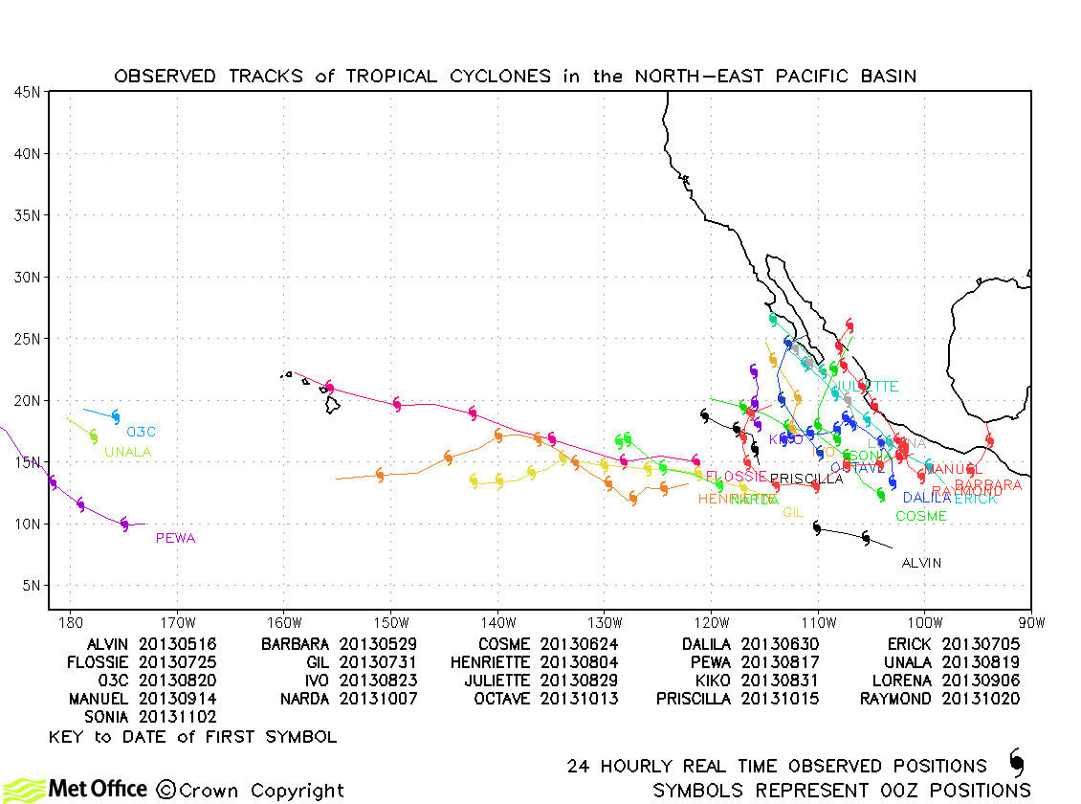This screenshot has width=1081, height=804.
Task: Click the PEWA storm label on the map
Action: pyautogui.click(x=175, y=539)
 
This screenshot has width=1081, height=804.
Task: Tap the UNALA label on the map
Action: pyautogui.click(x=127, y=453)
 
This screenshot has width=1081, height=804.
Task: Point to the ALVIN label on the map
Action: pyautogui.click(x=921, y=563)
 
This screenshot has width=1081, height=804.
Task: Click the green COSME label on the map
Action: pyautogui.click(x=921, y=517)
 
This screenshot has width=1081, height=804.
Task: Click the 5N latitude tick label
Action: pyautogui.click(x=31, y=586)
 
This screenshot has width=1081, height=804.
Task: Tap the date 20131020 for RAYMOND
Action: pyautogui.click(x=982, y=699)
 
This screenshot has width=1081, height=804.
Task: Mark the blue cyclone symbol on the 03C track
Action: pyautogui.click(x=116, y=417)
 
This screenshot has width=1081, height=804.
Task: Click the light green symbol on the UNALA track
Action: pyautogui.click(x=94, y=436)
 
